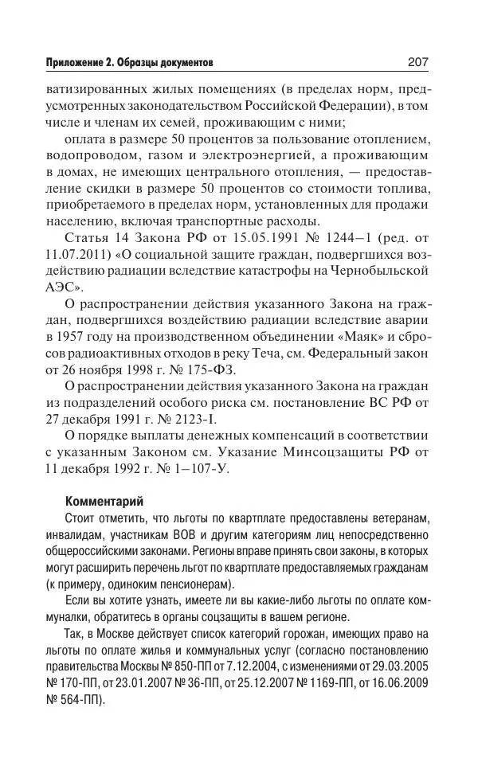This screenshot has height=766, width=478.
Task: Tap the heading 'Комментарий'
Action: pyautogui.click(x=104, y=502)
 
